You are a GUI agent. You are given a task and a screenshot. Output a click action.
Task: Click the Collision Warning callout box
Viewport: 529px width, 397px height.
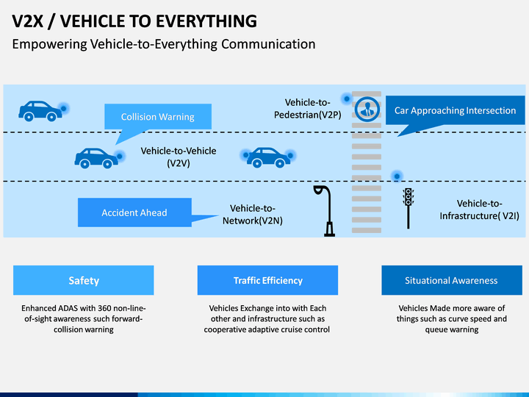point(158,116)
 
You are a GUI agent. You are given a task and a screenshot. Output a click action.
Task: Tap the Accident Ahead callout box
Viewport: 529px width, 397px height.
point(134,212)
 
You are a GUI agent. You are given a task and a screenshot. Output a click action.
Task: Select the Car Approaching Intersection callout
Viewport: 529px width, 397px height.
point(455,110)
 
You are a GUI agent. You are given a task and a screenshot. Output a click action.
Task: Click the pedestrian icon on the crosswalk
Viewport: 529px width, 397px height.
point(367,109)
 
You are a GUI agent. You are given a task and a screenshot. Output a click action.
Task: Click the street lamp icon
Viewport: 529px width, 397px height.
point(325,211)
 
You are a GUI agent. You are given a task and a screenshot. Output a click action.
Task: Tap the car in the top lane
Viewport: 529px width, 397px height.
point(40,111)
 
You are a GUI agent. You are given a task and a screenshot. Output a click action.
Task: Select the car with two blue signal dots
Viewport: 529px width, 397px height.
point(268,157)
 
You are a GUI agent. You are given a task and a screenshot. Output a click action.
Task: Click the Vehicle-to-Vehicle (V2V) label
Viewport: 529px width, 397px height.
point(179,157)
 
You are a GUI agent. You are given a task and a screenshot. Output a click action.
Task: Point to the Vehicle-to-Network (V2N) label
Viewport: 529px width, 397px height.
point(253,215)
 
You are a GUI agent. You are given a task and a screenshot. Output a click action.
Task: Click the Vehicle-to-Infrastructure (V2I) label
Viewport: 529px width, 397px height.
point(479,210)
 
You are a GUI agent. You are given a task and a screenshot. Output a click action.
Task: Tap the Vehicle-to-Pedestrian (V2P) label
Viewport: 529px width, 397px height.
point(307,109)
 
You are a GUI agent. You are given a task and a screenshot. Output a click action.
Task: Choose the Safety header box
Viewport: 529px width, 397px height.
point(84,280)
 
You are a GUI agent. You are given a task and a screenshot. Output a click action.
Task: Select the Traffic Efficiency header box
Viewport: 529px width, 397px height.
point(268,280)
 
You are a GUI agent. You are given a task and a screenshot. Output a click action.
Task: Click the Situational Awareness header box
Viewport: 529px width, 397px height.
point(452,280)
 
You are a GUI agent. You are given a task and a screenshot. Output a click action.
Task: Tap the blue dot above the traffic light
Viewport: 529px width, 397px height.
point(397,176)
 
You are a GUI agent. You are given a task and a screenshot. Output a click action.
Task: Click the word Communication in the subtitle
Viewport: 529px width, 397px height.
point(268,44)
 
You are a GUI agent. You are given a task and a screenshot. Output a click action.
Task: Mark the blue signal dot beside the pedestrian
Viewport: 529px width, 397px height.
point(347,99)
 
